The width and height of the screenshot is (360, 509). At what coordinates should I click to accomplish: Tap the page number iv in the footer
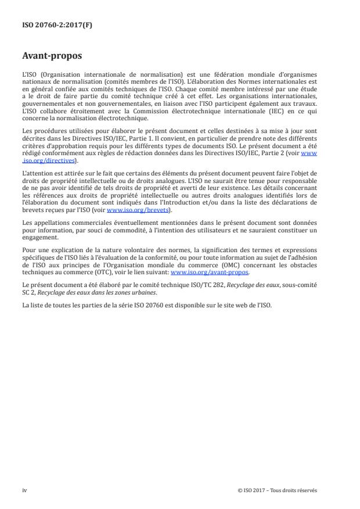click(x=24, y=490)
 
